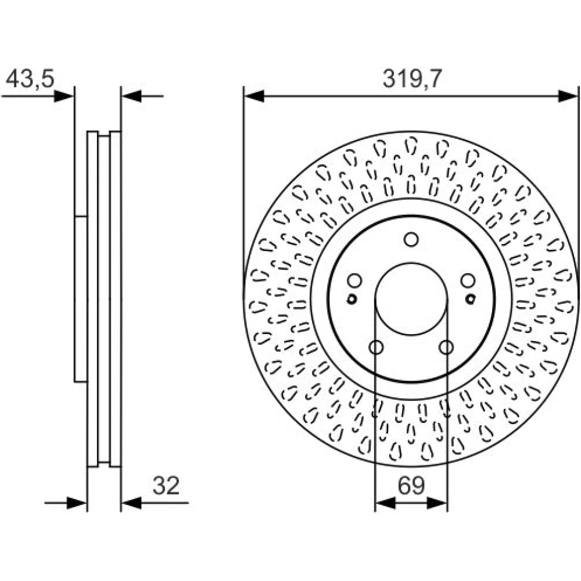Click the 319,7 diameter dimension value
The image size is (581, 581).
413,79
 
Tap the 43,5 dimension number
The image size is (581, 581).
30,78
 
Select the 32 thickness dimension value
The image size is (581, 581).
166,485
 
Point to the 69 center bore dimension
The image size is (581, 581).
411,485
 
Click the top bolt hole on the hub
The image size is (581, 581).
411,239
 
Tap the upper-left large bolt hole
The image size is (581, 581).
354,281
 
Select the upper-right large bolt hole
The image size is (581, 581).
468,281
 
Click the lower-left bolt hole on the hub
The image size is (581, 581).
376,347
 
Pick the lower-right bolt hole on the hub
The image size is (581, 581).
446,347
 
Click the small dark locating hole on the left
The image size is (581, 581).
352,299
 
